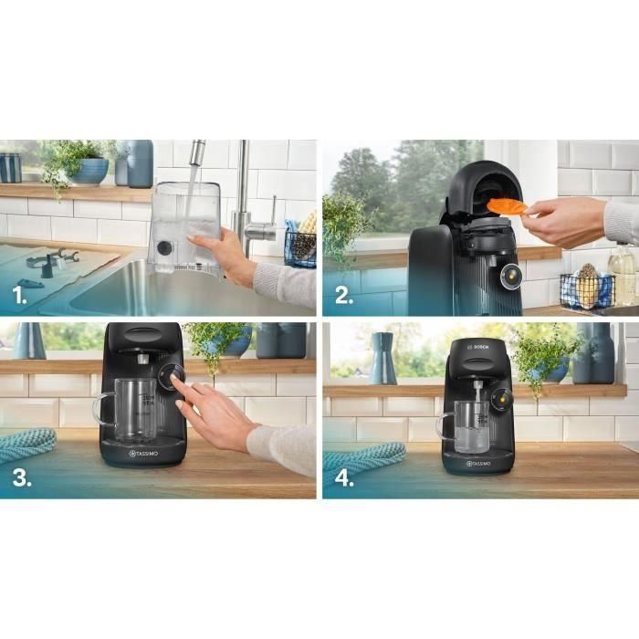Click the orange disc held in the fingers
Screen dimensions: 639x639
coord(508,206)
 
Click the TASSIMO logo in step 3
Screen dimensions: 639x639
coord(145,453)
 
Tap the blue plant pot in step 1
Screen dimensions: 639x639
coord(89,172)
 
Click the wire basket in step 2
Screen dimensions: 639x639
coord(585,291)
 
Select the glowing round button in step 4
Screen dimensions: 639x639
coord(498,399)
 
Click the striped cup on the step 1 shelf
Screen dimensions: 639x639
coord(10,168)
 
